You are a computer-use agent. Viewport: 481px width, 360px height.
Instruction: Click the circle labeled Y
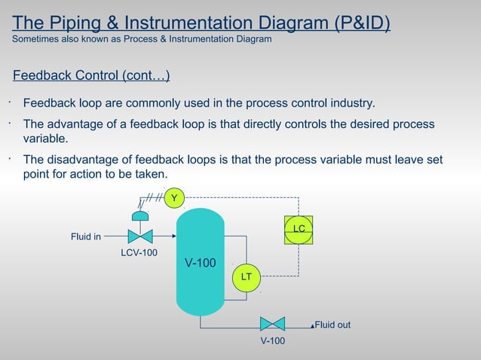(175, 198)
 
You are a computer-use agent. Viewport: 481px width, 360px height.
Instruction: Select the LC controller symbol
(299, 229)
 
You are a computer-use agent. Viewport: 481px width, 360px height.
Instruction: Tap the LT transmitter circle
(246, 277)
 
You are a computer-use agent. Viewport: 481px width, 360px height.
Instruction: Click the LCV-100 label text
(139, 252)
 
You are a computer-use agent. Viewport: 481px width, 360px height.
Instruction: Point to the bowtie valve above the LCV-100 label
(140, 236)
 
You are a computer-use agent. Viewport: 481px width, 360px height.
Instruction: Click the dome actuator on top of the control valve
(140, 216)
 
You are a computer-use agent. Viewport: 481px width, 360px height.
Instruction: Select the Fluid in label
(86, 237)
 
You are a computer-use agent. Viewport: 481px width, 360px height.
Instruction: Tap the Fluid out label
(332, 325)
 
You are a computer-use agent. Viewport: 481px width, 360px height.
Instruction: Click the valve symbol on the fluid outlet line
(272, 325)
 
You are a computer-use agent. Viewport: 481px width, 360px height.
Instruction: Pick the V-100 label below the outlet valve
(272, 341)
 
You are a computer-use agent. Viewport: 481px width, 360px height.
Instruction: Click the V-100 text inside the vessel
(201, 263)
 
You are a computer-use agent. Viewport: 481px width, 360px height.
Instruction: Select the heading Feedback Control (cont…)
(90, 76)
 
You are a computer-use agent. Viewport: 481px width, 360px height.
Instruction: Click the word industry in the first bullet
(352, 102)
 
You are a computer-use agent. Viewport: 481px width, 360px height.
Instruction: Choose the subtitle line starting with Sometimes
(142, 39)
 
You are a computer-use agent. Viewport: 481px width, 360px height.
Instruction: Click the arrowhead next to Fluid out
(311, 326)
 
